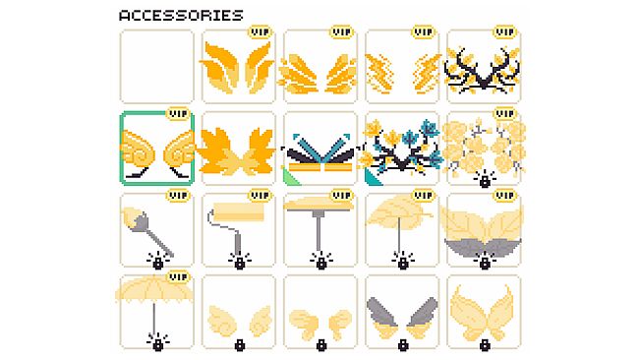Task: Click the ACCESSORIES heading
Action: coord(181,16)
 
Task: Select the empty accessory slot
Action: coord(157,67)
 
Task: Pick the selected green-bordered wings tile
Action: coord(157,149)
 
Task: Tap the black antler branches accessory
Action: coord(484,70)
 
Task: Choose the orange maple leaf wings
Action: coord(237,151)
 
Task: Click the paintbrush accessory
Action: coord(147,231)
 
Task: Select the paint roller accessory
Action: coord(236,226)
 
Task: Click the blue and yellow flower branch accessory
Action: coord(401,151)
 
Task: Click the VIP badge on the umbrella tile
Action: coord(178,277)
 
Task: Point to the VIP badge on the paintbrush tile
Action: coord(178,196)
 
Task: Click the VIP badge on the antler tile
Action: coord(505,31)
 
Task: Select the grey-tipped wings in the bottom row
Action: coord(402,318)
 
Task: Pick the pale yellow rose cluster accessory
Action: coord(484,148)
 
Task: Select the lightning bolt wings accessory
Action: coord(402,72)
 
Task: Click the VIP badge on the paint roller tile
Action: coord(260,196)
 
